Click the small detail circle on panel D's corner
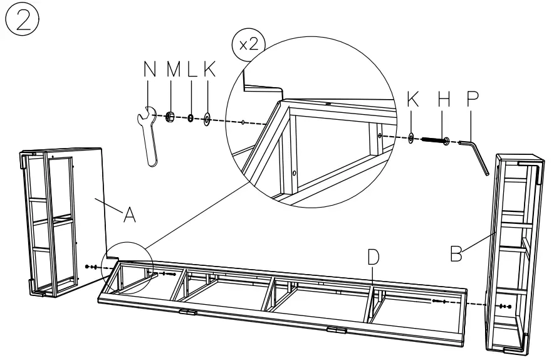click(x=128, y=267)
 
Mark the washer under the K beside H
click(x=410, y=137)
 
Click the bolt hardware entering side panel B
click(x=504, y=307)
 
